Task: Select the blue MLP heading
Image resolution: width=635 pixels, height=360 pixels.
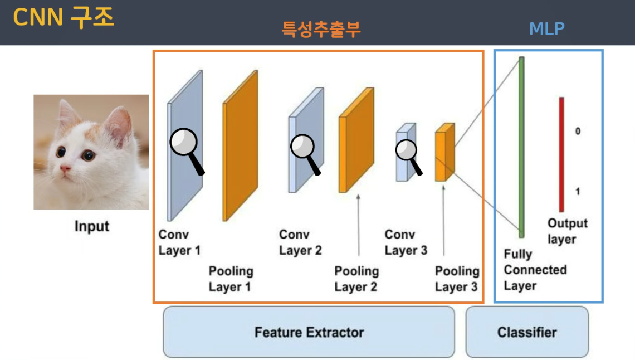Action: point(547,29)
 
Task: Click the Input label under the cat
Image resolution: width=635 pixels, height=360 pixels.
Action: point(92,227)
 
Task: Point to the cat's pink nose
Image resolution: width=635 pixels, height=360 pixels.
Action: point(66,168)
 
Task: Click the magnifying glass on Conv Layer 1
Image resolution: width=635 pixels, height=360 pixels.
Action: point(184,144)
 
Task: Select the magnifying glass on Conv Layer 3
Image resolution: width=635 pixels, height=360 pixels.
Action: point(407,150)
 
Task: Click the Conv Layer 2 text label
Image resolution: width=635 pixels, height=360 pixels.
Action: point(300,242)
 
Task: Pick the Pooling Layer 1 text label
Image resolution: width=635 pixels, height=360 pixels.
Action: point(231,279)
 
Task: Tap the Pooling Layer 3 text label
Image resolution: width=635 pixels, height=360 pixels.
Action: point(457,279)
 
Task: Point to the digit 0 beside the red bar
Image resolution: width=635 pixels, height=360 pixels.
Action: point(578,132)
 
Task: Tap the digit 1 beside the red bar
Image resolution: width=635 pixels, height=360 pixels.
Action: point(578,192)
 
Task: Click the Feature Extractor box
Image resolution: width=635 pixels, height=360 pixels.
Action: point(309,333)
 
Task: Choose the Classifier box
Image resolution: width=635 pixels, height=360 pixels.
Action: point(527,333)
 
